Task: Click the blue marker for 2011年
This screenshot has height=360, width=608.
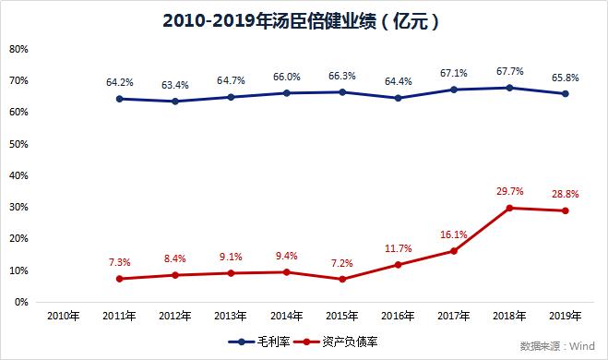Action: click(x=120, y=99)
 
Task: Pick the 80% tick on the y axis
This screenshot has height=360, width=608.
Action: click(x=18, y=49)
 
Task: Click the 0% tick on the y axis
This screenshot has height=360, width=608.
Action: click(x=20, y=302)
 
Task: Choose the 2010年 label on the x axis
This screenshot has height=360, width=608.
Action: click(x=64, y=316)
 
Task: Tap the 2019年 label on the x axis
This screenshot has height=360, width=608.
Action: click(x=566, y=316)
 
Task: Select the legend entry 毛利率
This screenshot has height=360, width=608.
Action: click(x=265, y=342)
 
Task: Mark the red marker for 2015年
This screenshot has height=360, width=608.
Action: click(x=343, y=279)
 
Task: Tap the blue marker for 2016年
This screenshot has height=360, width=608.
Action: click(x=399, y=98)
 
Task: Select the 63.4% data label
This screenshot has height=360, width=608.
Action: click(x=175, y=85)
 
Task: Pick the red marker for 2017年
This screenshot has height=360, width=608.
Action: click(x=455, y=251)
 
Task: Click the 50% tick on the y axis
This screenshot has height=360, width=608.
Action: click(x=18, y=144)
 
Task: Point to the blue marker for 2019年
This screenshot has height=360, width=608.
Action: click(x=566, y=93)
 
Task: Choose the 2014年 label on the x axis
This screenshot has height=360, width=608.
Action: click(x=287, y=316)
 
